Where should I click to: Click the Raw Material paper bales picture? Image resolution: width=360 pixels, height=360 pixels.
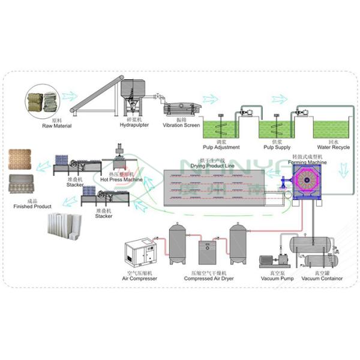tap(43, 103)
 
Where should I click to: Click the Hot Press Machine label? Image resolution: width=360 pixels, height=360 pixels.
tap(122, 179)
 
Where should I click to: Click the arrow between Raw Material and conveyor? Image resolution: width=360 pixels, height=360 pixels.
tap(69, 95)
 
